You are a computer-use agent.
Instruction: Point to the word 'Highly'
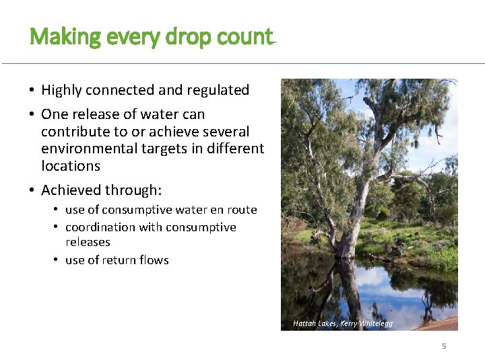63,90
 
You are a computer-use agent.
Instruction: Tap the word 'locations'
70,166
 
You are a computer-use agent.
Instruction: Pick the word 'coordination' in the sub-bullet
100,227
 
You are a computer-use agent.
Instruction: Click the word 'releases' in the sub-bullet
88,242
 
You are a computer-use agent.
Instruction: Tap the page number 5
444,346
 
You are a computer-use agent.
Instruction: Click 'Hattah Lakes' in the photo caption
315,323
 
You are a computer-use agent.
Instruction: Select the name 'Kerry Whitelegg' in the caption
366,323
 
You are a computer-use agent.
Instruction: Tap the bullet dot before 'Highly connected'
32,91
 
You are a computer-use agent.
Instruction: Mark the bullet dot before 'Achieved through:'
32,191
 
